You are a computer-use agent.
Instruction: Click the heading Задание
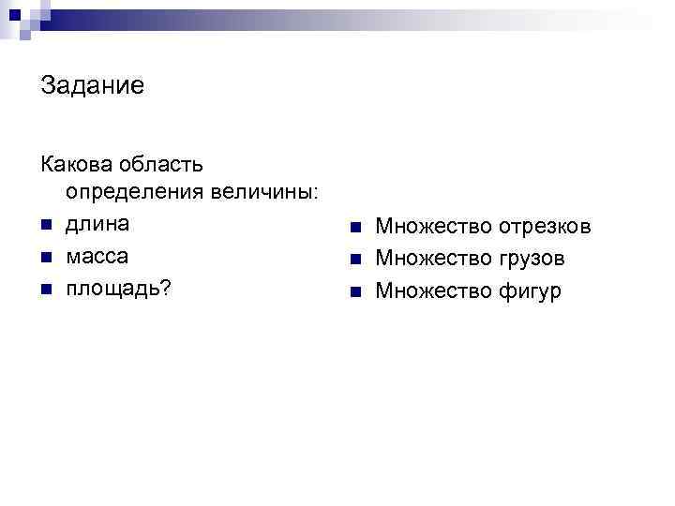coord(92,87)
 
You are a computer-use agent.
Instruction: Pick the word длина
coord(97,225)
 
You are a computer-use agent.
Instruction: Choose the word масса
coord(97,256)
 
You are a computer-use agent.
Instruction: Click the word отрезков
coord(545,228)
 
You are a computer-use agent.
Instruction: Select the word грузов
coord(532,259)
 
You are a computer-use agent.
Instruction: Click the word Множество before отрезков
coord(434,228)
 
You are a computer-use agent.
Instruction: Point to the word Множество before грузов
coord(434,259)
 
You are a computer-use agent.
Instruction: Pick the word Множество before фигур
coord(434,291)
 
